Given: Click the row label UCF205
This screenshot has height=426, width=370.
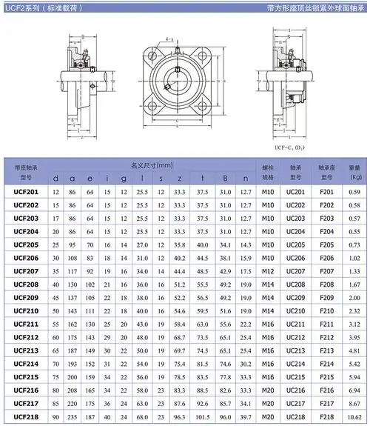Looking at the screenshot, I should click(26, 244).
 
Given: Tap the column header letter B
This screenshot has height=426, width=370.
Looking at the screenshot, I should click(226, 178).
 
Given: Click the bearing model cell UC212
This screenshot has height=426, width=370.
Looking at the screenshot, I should click(295, 337).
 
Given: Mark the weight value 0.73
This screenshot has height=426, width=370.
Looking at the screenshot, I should click(354, 244).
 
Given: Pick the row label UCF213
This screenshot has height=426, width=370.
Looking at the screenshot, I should click(26, 350).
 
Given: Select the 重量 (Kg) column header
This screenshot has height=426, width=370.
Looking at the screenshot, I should click(354, 172).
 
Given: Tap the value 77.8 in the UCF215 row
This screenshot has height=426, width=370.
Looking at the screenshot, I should click(202, 376).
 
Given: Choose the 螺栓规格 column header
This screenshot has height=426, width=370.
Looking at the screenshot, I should click(268, 172).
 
